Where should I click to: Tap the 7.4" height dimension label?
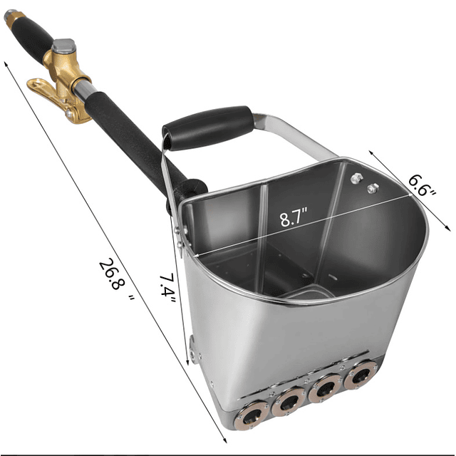point(167,289)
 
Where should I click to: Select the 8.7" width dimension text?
point(293,217)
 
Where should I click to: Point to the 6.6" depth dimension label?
point(423,185)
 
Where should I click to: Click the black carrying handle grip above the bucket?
point(208,128)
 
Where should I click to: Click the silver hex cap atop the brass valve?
point(63,46)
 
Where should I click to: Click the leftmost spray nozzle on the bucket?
point(252,414)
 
